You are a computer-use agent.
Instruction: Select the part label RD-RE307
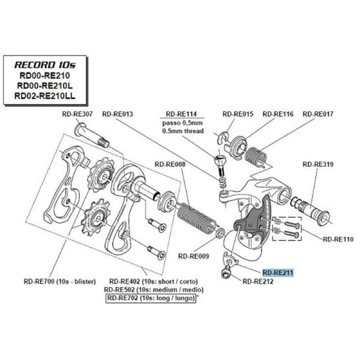point(76,113)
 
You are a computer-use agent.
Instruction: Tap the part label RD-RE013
point(118,113)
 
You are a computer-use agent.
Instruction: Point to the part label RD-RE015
point(238,113)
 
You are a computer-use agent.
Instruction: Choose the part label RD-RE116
point(277,113)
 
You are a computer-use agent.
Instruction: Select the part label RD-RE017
point(317,113)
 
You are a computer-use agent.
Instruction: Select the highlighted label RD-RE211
point(278,271)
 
